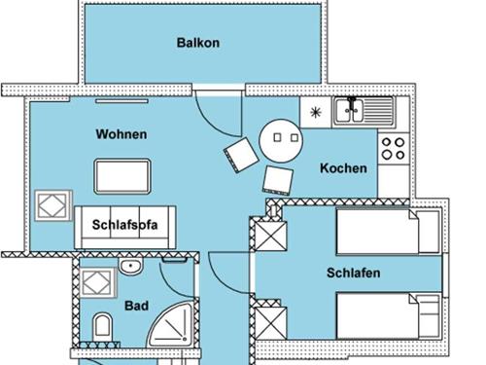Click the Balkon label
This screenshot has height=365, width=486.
tap(198, 43)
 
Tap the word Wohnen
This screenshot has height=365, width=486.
tap(121, 134)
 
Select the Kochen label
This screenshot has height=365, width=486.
tap(343, 168)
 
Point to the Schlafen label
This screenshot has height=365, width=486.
tap(354, 273)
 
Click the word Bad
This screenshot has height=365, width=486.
tap(137, 306)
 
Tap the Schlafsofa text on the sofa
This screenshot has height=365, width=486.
tap(124, 225)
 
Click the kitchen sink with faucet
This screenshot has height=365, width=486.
tap(364, 111)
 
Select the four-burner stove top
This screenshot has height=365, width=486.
tap(393, 149)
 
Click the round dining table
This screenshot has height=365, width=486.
tap(281, 140)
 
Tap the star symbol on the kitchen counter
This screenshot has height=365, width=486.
tap(315, 113)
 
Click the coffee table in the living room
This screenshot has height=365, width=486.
tap(122, 176)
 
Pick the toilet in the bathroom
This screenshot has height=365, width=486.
tap(102, 326)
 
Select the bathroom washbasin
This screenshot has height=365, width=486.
tap(130, 266)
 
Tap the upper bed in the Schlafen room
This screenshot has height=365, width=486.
tap(389, 232)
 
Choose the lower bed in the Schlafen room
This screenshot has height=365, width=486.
tap(389, 315)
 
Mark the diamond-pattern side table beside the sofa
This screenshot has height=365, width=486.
tap(53, 205)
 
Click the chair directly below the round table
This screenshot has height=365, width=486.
tap(278, 181)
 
